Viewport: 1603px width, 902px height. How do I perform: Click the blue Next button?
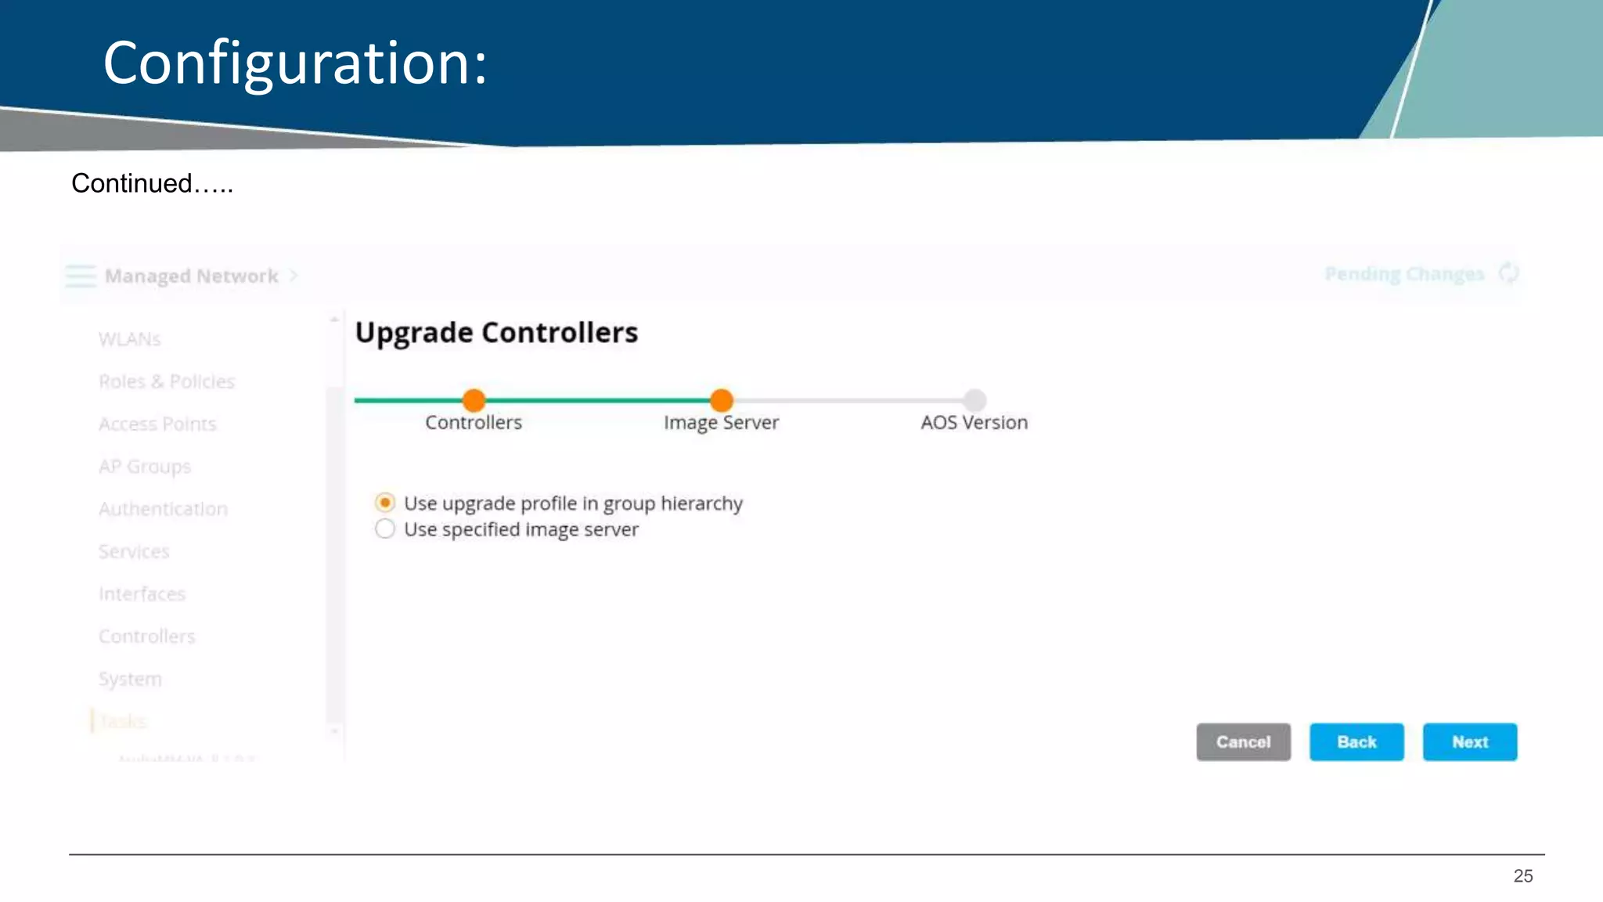pos(1469,741)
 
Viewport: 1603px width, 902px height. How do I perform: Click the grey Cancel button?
pos(1243,741)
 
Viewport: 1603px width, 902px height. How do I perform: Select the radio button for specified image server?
pos(385,529)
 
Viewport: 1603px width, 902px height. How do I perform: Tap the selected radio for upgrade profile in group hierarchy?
pos(385,503)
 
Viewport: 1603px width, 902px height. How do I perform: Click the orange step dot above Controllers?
pos(474,400)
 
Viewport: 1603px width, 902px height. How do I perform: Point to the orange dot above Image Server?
pos(721,400)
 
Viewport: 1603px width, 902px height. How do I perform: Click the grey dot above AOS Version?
pos(974,400)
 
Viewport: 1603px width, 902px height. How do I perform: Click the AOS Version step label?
pos(974,423)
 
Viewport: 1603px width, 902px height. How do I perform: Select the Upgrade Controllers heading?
pos(496,333)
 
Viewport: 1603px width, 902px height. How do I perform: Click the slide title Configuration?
pos(295,63)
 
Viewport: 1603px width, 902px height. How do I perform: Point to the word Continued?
pos(131,183)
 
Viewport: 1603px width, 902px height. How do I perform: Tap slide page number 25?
pos(1522,876)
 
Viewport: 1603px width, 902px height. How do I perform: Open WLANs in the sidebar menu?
pos(129,339)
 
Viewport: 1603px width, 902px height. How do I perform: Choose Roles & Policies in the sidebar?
pos(166,381)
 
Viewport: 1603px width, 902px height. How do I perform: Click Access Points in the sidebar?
pos(157,424)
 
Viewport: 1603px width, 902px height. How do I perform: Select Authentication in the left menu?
pos(163,509)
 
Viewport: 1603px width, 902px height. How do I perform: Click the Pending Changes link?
pos(1404,274)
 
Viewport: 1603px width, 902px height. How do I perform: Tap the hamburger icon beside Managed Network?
pos(81,276)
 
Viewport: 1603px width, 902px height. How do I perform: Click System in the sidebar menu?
pos(130,679)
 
